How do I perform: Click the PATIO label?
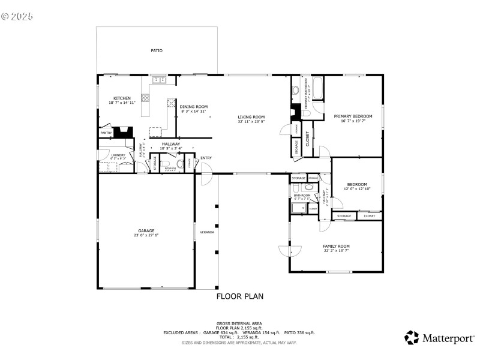156,50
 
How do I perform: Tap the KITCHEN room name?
122,98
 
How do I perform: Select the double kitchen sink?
159,79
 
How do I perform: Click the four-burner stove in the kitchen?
171,103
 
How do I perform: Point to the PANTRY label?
106,133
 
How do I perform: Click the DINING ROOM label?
193,107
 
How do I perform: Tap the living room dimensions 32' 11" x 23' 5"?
251,122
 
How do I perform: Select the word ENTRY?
206,158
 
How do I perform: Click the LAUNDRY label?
118,155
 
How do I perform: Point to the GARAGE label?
146,230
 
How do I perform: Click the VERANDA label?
207,232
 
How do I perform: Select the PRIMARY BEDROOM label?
353,116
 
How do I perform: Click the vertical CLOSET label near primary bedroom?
308,139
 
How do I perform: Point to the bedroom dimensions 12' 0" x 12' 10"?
357,189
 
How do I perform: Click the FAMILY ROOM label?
336,246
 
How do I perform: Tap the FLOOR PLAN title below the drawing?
239,296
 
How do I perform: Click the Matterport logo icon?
412,338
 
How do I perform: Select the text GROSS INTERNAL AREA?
239,323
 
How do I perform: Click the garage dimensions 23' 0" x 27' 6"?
146,235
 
